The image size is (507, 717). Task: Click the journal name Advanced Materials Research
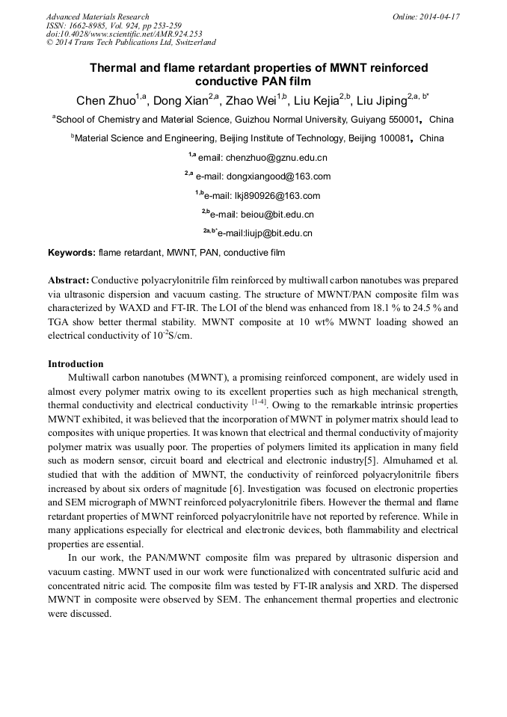[x=98, y=16]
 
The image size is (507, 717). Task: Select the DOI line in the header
[x=124, y=34]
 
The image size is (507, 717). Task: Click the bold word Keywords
[x=71, y=253]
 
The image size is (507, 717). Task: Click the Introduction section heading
[x=76, y=364]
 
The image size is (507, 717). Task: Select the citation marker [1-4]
[x=261, y=404]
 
